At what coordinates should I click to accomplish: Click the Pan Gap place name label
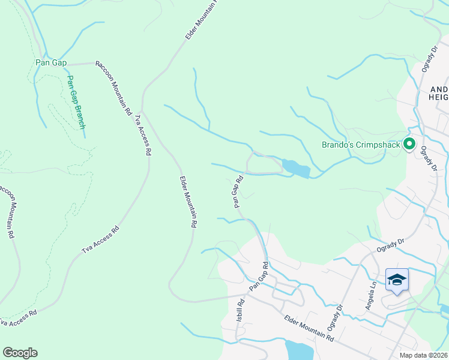click(51, 62)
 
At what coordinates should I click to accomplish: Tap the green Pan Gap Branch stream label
click(76, 102)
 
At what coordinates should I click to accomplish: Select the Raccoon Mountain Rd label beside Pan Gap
click(113, 89)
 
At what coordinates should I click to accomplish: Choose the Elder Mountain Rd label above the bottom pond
click(309, 329)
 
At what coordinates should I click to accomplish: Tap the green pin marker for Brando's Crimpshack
click(409, 144)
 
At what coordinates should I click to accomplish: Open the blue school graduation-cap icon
click(397, 280)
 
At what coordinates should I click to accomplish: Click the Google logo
click(20, 353)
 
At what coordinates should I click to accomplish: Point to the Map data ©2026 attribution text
click(423, 355)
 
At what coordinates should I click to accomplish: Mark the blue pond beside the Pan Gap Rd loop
click(295, 169)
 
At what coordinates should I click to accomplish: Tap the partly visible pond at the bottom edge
click(297, 350)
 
